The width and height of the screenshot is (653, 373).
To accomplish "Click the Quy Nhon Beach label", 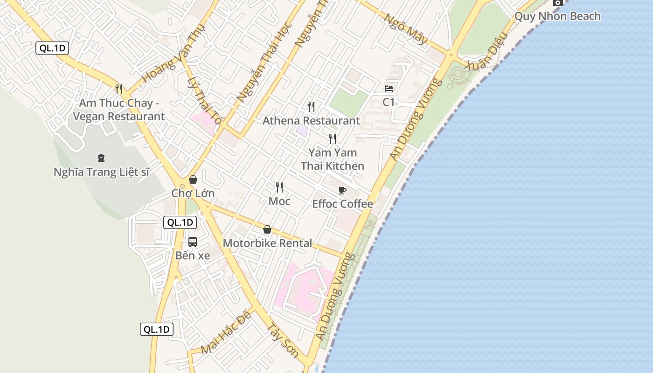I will [x=557, y=16].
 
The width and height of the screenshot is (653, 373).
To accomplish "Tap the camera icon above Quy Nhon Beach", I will [x=557, y=2].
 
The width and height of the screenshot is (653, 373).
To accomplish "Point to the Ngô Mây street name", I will [x=405, y=29].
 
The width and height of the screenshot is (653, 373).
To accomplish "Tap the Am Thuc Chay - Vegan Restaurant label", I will [x=119, y=110].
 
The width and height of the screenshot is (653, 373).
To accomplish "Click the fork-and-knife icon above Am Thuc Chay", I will [x=119, y=89].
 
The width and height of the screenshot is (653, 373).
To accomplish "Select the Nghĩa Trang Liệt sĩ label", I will [x=101, y=172].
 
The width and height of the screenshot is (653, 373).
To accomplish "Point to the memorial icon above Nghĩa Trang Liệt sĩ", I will [x=101, y=158].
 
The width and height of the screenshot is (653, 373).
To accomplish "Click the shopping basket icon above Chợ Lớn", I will [x=193, y=180].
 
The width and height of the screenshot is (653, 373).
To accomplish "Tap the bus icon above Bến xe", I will [x=193, y=242].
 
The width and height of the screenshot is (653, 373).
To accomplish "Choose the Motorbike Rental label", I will [x=267, y=243].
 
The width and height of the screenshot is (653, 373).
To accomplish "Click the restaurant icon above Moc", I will [x=279, y=187].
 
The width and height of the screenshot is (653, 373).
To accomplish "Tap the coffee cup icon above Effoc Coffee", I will [x=342, y=190].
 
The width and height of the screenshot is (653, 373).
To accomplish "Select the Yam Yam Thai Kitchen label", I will [x=333, y=159].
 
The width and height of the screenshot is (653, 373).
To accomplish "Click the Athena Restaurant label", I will [x=311, y=121].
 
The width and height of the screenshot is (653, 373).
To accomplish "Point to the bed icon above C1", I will [x=389, y=89].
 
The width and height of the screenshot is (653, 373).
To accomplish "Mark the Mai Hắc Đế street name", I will [x=226, y=332].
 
